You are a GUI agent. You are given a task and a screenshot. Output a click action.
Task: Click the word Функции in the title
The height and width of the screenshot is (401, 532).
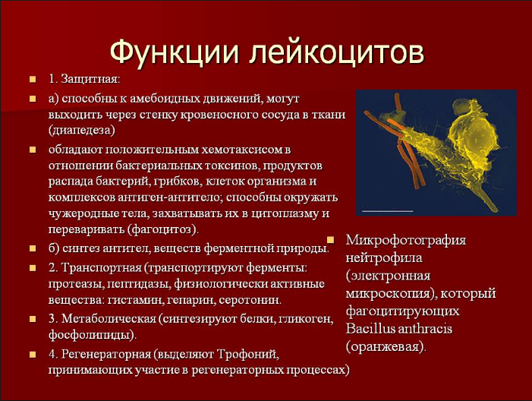pos(174,53)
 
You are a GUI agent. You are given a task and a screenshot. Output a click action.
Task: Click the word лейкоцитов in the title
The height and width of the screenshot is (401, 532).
pos(337,53)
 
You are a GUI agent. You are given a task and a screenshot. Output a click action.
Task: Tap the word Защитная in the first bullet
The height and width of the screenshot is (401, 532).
pos(90,80)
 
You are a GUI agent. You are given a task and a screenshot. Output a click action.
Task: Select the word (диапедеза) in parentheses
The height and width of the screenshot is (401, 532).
pos(82,130)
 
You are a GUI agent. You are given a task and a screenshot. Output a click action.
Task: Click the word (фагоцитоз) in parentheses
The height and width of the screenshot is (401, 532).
pos(163,229)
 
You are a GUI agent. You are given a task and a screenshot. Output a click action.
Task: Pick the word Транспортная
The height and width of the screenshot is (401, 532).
pos(102,267)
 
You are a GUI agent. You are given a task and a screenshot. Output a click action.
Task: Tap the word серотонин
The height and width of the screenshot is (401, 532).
pos(250,300)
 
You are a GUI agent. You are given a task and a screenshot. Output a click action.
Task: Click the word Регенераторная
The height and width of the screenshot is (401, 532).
pos(106,354)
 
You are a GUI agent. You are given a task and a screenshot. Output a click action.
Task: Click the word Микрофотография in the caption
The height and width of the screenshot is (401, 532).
pos(406,241)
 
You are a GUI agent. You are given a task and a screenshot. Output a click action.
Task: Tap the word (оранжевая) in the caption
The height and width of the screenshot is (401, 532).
pos(386,346)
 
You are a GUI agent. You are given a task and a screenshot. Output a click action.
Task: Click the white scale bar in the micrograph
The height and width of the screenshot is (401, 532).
pos(388,211)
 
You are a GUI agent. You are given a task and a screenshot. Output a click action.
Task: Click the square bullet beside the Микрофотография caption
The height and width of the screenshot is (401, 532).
pos(330,240)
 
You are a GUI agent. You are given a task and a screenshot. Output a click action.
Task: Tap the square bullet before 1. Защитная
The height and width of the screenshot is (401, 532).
pos(33,80)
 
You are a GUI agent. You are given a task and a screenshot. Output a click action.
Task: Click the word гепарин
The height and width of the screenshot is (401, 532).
pos(190,300)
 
